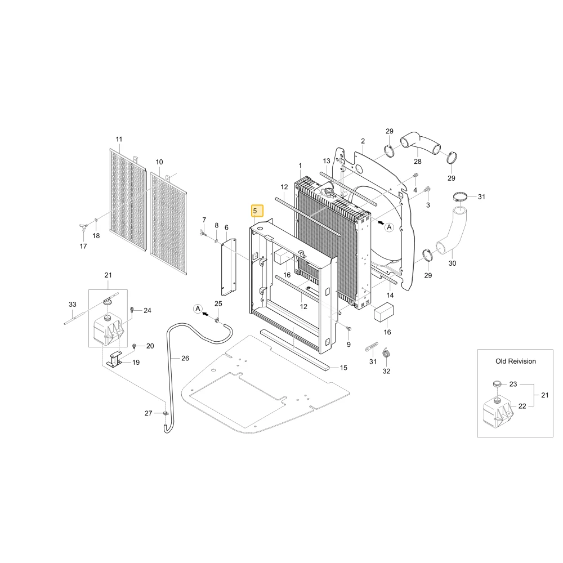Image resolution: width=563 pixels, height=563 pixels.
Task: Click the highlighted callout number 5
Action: [255, 211]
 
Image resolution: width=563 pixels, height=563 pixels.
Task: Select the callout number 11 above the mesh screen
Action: [119, 139]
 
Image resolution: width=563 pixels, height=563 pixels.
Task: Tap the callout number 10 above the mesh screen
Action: [159, 162]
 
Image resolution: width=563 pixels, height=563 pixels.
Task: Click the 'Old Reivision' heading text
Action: [516, 361]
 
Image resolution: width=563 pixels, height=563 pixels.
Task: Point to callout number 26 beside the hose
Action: [185, 358]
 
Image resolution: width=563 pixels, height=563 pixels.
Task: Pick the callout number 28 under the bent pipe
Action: [418, 162]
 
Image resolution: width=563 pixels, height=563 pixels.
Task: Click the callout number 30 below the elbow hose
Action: [452, 263]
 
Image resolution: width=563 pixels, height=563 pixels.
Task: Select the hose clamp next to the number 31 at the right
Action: [460, 196]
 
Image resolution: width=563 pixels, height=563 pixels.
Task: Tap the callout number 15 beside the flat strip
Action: [343, 368]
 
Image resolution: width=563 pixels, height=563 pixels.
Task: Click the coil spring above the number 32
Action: [386, 353]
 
